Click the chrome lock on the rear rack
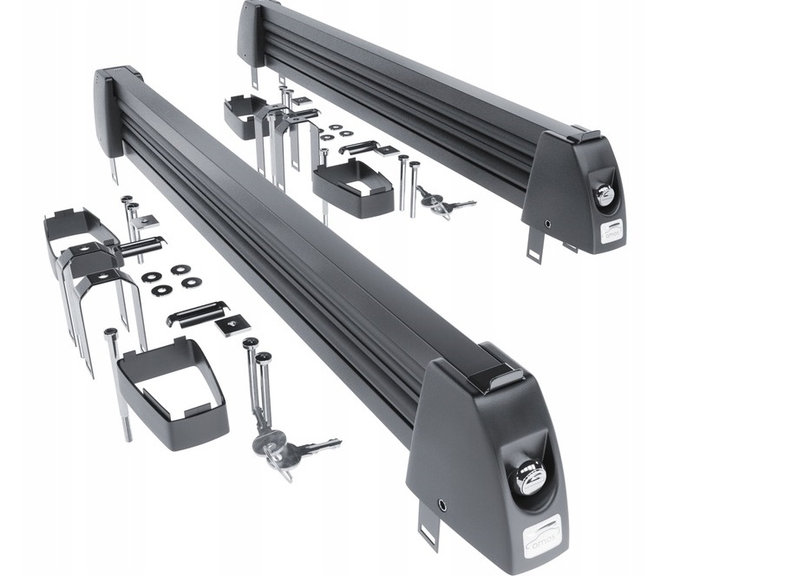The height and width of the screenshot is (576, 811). pos(605,196)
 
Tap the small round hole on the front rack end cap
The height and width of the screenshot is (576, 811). pos(442,504)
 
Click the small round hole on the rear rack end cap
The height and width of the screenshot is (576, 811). pos(547,223)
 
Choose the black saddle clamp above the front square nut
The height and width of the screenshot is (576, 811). pos(197,310)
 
